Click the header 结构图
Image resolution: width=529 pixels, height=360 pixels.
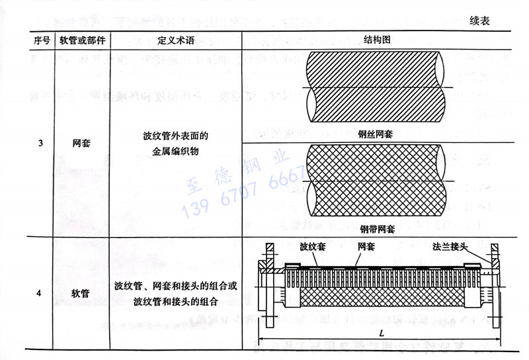pyautogui.click(x=377, y=40)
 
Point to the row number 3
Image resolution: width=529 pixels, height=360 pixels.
pyautogui.click(x=41, y=143)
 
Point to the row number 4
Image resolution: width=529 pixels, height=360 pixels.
pyautogui.click(x=41, y=293)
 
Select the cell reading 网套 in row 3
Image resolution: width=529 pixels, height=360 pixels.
pyautogui.click(x=82, y=143)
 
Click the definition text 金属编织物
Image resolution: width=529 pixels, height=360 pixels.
pyautogui.click(x=175, y=151)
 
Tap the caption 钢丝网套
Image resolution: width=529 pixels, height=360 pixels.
pyautogui.click(x=376, y=134)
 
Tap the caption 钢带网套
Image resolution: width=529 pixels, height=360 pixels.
pyautogui.click(x=378, y=230)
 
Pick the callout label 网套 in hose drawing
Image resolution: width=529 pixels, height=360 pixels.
pyautogui.click(x=366, y=247)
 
